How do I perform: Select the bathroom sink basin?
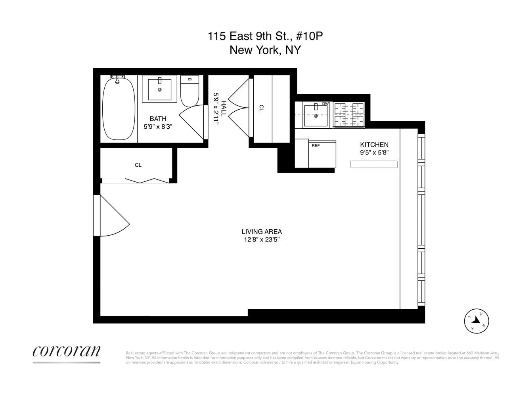[160, 90]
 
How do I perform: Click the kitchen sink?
[316, 115]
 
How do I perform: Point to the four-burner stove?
[349, 115]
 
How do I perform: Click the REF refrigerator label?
[316, 145]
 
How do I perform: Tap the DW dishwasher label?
[325, 104]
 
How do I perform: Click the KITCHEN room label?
[374, 145]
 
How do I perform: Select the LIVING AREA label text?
[262, 232]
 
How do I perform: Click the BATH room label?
[158, 119]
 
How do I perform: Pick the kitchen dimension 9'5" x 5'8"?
[374, 152]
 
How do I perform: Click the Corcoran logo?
[66, 351]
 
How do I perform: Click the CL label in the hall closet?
[261, 108]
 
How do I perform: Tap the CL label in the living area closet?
[138, 165]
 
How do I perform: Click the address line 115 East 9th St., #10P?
[268, 36]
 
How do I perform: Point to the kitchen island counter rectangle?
[374, 164]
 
